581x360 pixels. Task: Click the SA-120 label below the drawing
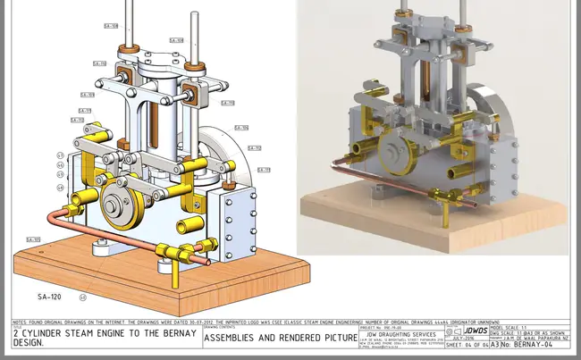tap(48, 295)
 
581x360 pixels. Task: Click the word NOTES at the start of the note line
tap(21, 321)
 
